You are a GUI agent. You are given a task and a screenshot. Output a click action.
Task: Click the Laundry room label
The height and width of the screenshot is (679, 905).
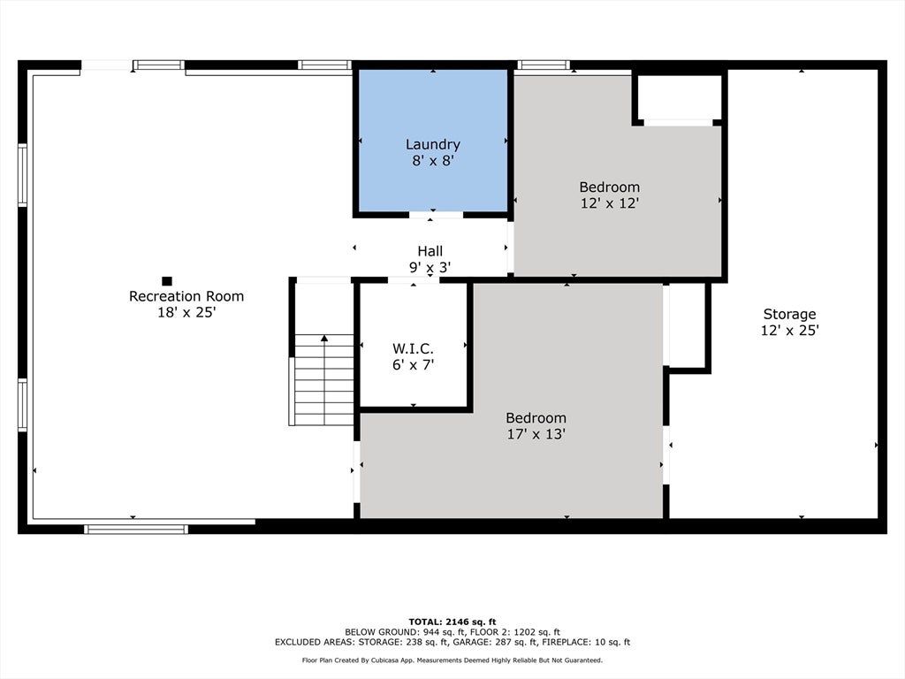[x=433, y=144]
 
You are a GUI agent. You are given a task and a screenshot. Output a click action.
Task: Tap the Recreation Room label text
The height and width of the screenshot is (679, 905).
[x=186, y=296]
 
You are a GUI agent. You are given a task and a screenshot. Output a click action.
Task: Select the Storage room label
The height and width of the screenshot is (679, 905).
[x=789, y=314]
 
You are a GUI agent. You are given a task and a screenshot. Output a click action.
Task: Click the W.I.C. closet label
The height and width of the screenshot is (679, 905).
[x=414, y=348]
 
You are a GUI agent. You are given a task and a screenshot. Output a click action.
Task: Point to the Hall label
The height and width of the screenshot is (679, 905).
[x=430, y=251]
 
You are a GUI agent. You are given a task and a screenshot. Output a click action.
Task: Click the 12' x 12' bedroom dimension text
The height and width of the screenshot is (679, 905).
[x=610, y=203]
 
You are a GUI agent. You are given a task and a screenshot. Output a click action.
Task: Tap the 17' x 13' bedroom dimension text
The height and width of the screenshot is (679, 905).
[x=536, y=433]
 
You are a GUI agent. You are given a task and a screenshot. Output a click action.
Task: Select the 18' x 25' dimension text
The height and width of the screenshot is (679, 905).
[x=186, y=312]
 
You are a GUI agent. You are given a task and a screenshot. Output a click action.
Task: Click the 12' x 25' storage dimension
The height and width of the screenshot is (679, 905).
[x=789, y=331]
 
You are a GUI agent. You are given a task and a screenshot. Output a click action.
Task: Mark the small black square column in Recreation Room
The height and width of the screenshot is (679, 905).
[x=167, y=281]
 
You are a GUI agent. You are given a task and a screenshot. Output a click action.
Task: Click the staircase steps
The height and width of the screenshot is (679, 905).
[x=324, y=380]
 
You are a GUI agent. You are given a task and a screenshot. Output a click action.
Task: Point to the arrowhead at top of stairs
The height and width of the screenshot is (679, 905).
[x=324, y=338]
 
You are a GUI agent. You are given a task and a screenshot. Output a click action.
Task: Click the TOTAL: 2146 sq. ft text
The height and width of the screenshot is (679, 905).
[x=452, y=622]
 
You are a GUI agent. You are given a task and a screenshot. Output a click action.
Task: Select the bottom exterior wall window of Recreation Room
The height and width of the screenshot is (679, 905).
[x=136, y=529]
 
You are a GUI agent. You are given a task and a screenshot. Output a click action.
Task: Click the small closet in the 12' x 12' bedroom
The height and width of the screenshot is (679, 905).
[x=680, y=97]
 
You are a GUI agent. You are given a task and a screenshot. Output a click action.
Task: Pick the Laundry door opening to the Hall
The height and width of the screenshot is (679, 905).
[x=437, y=215]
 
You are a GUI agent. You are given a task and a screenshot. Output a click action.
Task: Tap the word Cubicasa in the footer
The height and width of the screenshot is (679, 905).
[x=386, y=660]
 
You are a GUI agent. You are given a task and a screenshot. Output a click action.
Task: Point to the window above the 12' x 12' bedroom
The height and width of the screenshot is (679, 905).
[x=544, y=65]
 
